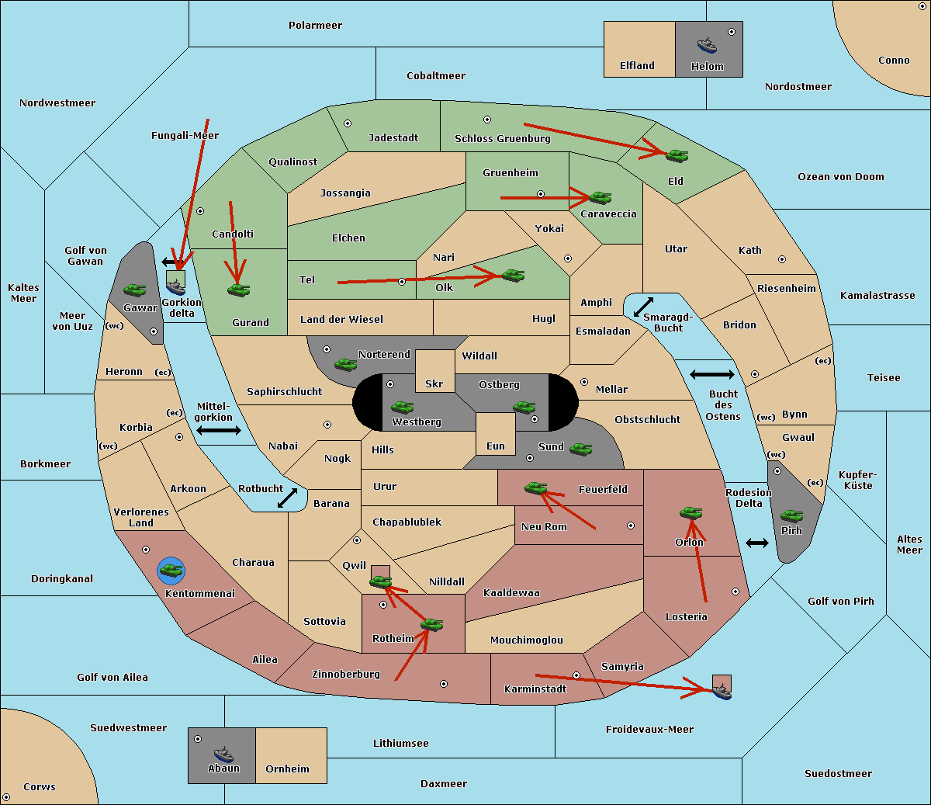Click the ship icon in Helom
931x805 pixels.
[707, 44]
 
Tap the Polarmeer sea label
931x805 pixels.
[315, 26]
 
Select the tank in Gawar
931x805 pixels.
[135, 290]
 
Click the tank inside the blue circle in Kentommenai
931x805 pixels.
[171, 571]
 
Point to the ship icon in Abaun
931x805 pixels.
[223, 754]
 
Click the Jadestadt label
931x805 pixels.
[393, 137]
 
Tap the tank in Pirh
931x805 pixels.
[791, 515]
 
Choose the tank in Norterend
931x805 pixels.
[345, 363]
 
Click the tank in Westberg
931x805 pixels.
[402, 407]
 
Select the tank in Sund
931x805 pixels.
[581, 449]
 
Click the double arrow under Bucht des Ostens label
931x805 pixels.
[712, 375]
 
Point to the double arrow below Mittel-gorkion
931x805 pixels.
[219, 431]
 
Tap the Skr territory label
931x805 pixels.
[434, 383]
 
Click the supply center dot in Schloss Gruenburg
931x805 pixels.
[487, 120]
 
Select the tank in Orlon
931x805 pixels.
[690, 512]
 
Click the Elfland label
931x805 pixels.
[637, 66]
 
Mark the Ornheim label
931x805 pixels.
[287, 769]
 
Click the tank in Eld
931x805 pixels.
[677, 155]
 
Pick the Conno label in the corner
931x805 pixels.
[894, 61]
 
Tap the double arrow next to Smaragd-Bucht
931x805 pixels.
[644, 307]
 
